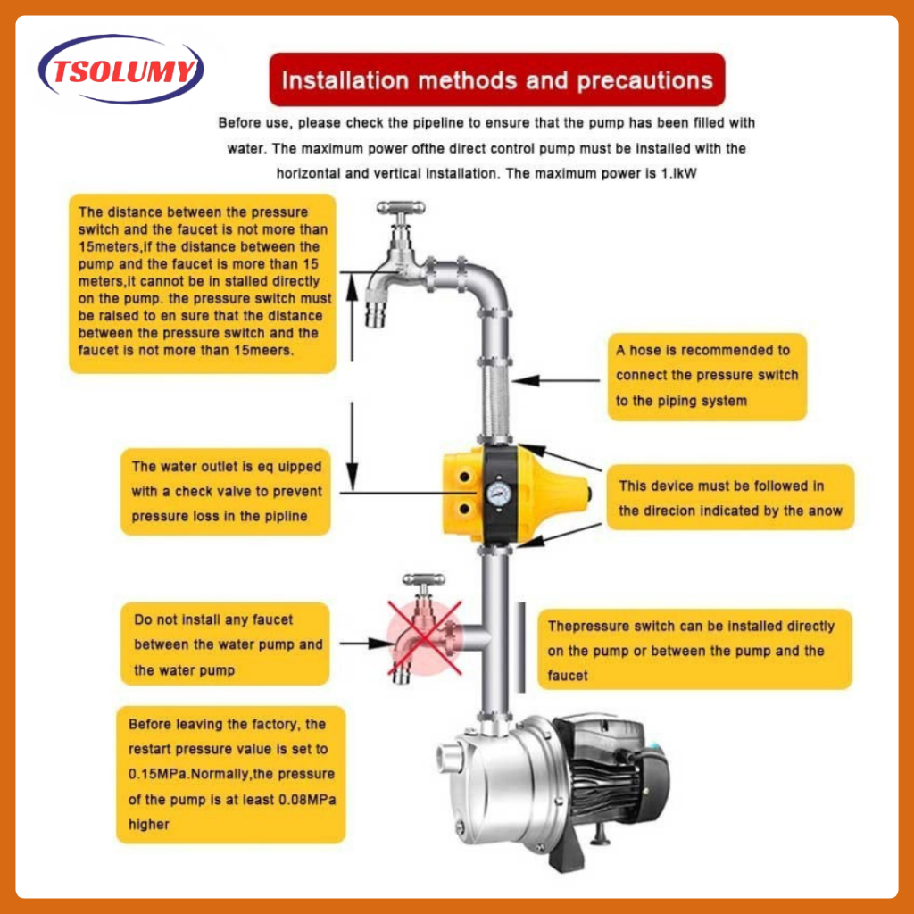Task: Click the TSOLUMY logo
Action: [x=121, y=70]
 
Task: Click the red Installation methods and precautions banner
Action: [x=496, y=79]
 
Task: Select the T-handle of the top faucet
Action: [x=401, y=207]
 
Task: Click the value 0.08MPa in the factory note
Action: [x=307, y=799]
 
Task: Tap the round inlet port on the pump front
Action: [x=446, y=758]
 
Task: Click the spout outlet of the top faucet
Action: [x=376, y=315]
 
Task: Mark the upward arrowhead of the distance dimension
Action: [x=352, y=287]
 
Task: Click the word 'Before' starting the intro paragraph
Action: [x=237, y=123]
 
